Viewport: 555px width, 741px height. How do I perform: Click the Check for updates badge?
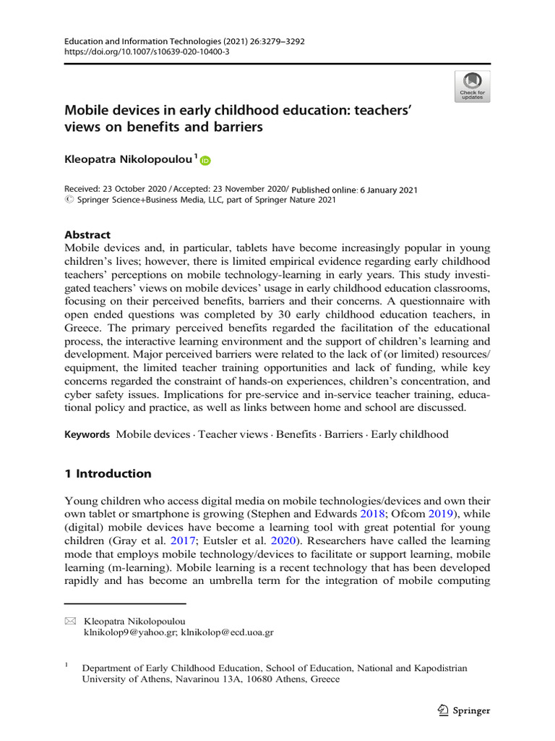click(472, 86)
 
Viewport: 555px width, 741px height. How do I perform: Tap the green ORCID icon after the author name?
click(205, 161)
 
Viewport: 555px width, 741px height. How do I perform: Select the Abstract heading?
click(87, 234)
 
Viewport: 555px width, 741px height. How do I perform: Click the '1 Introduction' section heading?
click(108, 474)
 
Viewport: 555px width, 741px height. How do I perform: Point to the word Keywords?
click(87, 435)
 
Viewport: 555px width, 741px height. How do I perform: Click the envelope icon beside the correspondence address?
click(70, 621)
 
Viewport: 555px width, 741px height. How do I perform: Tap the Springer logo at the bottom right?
click(463, 710)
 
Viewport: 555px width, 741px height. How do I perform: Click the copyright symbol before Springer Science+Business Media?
click(69, 200)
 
